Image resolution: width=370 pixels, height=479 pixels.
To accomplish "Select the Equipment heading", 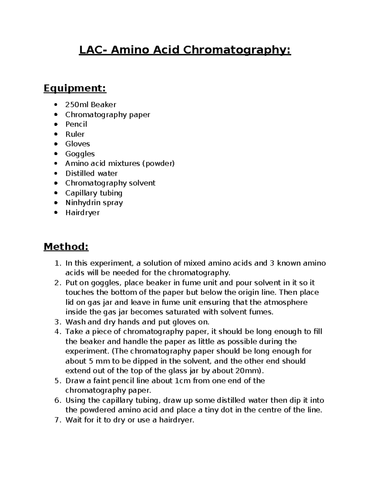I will pos(75,89).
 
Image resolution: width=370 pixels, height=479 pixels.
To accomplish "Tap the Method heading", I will pos(66,247).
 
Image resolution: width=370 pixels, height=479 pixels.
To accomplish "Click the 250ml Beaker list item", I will pos(91,105).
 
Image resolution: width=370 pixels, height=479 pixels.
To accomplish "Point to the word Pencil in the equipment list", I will pos(76,124).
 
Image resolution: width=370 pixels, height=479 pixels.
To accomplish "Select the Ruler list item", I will pos(75,134).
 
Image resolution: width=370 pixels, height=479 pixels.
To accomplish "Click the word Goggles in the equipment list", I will pos(80,154).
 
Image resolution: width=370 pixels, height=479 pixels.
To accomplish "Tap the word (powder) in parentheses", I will pos(158,163).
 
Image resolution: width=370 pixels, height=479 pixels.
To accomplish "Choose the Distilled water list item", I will pos(91,173).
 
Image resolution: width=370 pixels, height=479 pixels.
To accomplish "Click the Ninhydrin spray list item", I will pos(94,203).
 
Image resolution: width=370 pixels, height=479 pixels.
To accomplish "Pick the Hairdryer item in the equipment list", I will pos(82,213).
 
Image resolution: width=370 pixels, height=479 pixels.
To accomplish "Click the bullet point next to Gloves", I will pos(55,144).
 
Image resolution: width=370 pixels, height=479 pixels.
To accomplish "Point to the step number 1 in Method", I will pos(57,263).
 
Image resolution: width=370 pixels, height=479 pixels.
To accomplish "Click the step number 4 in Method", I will pos(57,332).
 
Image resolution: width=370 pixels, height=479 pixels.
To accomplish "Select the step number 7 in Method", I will pos(57,420).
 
